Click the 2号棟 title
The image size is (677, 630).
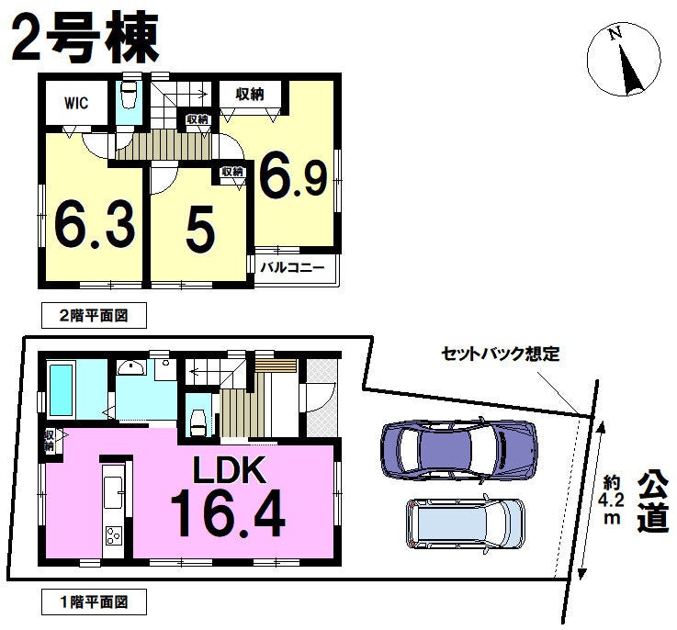[x=85, y=39]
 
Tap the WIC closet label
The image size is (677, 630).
[x=76, y=103]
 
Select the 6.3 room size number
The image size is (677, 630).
[x=95, y=227]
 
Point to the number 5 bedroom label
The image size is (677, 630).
[x=200, y=230]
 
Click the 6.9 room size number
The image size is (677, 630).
[x=293, y=176]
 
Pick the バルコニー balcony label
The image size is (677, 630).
[x=292, y=267]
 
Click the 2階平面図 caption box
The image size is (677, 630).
[x=94, y=315]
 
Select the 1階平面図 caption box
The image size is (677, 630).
[x=94, y=602]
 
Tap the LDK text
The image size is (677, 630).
[x=229, y=470]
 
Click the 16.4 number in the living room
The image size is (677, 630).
[x=228, y=513]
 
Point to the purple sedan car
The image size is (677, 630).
[x=459, y=449]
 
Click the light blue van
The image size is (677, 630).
[x=466, y=523]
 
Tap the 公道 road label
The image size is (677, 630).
[x=653, y=501]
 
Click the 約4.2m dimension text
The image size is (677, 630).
[x=612, y=500]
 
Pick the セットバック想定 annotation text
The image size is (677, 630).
[x=500, y=354]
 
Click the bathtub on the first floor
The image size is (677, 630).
[x=62, y=390]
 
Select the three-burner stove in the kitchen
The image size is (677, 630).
[x=114, y=536]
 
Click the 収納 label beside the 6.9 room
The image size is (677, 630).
[x=250, y=95]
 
